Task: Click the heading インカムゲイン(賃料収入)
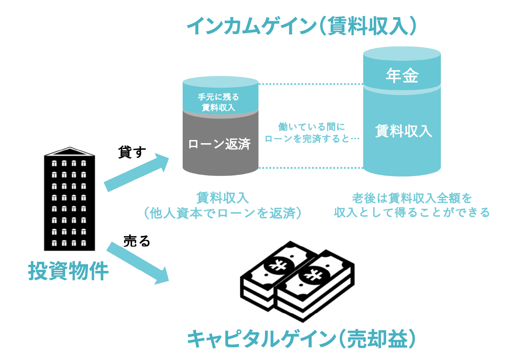pos(302,26)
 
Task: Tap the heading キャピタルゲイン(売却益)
pos(302,339)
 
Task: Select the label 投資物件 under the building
pos(68,271)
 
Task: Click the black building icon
pos(70,199)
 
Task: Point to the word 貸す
pos(132,152)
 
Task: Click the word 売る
pos(136,241)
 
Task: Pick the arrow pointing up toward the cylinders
pos(136,172)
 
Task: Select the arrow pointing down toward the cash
pos(137,263)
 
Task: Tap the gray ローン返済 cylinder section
pos(221,144)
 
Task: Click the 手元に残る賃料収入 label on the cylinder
pos(219,102)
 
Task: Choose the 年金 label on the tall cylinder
pos(402,76)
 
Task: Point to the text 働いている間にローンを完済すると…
pos(312,133)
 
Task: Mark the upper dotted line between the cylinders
pos(311,84)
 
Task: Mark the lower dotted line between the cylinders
pos(311,168)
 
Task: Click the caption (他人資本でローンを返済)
pos(223,213)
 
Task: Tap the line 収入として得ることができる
pos(412,212)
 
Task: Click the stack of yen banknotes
pos(297,282)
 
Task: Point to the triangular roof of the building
pos(70,152)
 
